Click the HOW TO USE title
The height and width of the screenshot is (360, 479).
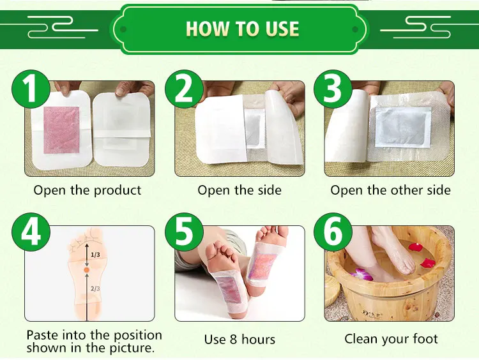[x=242, y=29]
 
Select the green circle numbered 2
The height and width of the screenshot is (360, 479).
[x=183, y=91]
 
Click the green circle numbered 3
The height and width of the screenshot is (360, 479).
[x=333, y=91]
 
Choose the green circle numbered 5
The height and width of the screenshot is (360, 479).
[x=183, y=234]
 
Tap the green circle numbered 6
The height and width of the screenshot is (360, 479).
[x=333, y=234]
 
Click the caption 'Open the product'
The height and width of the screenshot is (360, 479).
[x=87, y=190]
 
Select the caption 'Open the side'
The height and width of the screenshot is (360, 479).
[x=240, y=190]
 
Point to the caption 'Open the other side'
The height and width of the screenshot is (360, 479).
[x=390, y=190]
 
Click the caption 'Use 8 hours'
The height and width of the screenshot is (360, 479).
[x=240, y=339]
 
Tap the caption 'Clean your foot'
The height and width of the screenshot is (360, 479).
[x=391, y=339]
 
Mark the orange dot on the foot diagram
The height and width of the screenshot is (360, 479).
[x=87, y=271]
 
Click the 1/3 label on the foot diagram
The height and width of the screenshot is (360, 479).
[x=95, y=255]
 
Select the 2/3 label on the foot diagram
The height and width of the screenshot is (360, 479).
[x=95, y=288]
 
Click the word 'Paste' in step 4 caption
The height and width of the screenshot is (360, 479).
[x=42, y=335]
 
